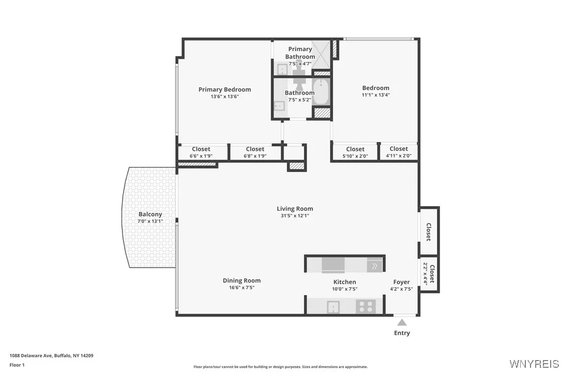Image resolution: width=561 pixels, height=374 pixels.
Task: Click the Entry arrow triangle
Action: (x=402, y=322)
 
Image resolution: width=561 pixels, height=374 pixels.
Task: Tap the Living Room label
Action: (x=294, y=209)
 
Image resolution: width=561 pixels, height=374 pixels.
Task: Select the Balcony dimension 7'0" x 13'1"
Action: (x=150, y=221)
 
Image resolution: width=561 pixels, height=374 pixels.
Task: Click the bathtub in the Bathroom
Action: (x=320, y=92)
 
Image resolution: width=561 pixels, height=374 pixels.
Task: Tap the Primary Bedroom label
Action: (x=225, y=89)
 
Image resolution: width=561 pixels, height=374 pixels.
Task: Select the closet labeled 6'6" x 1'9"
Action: (x=201, y=152)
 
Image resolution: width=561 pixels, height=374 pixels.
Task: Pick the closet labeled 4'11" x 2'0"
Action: (x=398, y=152)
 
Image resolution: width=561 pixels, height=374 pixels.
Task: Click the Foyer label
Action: (x=401, y=282)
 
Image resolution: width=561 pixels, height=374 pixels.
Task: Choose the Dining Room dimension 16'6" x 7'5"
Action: (x=242, y=288)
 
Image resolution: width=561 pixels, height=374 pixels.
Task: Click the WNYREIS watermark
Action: (x=534, y=363)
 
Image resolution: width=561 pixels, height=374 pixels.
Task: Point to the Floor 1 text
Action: (x=17, y=365)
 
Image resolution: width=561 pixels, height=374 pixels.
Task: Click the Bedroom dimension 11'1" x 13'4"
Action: (x=376, y=95)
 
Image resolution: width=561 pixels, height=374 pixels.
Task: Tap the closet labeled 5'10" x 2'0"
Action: (x=355, y=152)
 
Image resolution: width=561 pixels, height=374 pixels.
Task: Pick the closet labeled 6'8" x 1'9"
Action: (x=255, y=152)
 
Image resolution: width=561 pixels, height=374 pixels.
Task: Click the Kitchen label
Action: (x=345, y=282)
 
